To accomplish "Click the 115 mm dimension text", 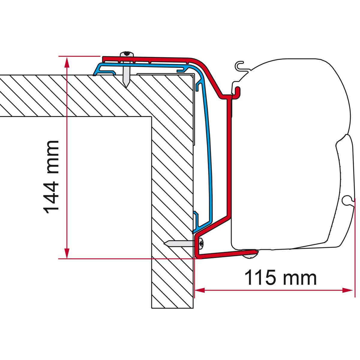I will click(x=280, y=278).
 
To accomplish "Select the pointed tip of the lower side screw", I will click(x=166, y=244).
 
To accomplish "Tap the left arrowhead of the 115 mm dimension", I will click(x=199, y=290).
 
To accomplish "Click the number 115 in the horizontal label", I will click(x=260, y=278).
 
